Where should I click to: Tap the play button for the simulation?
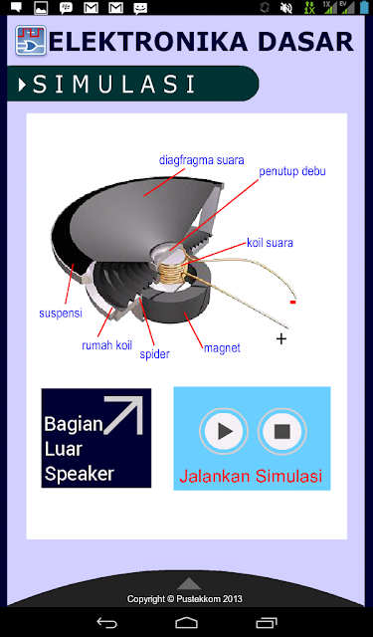(x=224, y=431)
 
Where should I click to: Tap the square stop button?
(x=282, y=431)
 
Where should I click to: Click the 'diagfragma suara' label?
(x=201, y=160)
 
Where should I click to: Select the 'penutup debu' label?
(x=292, y=171)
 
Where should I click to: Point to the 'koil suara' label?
(x=270, y=243)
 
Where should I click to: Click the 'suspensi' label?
(x=61, y=314)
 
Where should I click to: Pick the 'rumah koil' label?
(x=107, y=345)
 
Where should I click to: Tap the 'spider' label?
(x=154, y=354)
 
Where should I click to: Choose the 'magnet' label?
(x=222, y=348)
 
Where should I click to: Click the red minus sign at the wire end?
(x=292, y=303)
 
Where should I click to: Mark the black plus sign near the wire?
(x=280, y=338)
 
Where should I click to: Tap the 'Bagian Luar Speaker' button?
(x=96, y=438)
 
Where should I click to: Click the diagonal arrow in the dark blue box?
(x=123, y=415)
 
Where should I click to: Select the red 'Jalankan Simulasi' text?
(x=251, y=476)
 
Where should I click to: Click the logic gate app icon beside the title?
(x=31, y=40)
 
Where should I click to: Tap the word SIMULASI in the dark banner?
(x=114, y=84)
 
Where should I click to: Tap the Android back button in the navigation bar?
(x=106, y=622)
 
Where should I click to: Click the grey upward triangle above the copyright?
(x=189, y=584)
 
